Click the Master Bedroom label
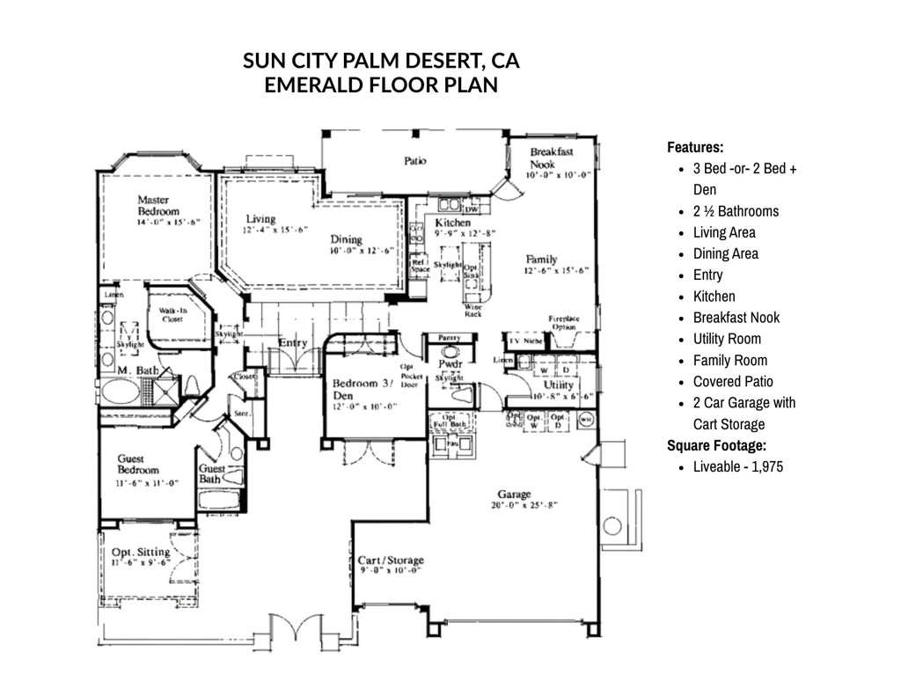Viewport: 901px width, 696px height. (x=157, y=206)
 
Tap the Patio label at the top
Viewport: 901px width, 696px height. (x=415, y=161)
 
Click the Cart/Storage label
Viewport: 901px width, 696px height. (x=391, y=560)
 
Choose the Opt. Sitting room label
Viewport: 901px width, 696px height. (x=141, y=553)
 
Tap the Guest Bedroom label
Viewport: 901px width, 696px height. (x=138, y=465)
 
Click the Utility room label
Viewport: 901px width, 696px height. (x=558, y=385)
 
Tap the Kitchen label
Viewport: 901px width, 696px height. (x=453, y=223)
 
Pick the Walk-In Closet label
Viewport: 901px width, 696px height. (x=171, y=316)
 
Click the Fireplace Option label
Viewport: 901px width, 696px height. (x=563, y=322)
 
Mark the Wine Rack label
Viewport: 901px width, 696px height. (x=472, y=311)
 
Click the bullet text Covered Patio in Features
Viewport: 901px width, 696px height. (x=733, y=381)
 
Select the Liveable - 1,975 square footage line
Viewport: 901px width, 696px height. (x=737, y=466)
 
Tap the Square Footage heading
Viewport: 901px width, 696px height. (x=716, y=445)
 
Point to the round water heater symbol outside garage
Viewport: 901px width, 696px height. (x=613, y=526)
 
